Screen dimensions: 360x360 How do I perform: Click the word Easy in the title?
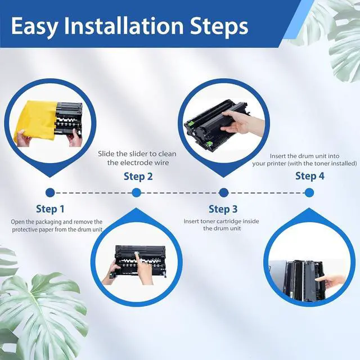click(x=35, y=26)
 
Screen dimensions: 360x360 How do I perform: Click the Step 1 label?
click(x=50, y=209)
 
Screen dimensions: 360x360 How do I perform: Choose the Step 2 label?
click(x=138, y=177)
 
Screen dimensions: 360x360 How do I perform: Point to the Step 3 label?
click(x=223, y=209)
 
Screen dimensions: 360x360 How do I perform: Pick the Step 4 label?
click(x=310, y=176)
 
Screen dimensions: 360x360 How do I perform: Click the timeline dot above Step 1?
click(x=50, y=192)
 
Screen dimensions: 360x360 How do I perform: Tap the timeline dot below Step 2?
click(x=136, y=192)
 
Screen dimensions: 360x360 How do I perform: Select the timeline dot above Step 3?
click(x=223, y=192)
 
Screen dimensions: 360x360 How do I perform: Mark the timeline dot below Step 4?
click(x=309, y=192)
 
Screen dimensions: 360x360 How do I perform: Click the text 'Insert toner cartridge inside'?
click(x=221, y=221)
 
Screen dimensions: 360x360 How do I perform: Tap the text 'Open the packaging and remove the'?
click(x=57, y=222)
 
